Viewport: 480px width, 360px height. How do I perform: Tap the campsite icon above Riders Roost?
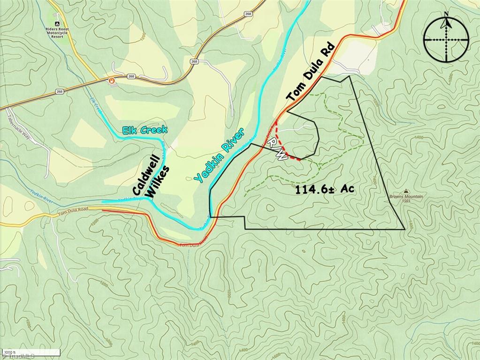56,23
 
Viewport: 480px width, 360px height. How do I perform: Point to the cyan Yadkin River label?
219,155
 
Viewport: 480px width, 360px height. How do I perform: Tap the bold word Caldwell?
146,175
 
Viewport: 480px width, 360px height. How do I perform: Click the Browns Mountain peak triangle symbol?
406,192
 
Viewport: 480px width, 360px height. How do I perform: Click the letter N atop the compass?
446,14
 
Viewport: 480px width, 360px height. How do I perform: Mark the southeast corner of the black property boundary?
405,229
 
